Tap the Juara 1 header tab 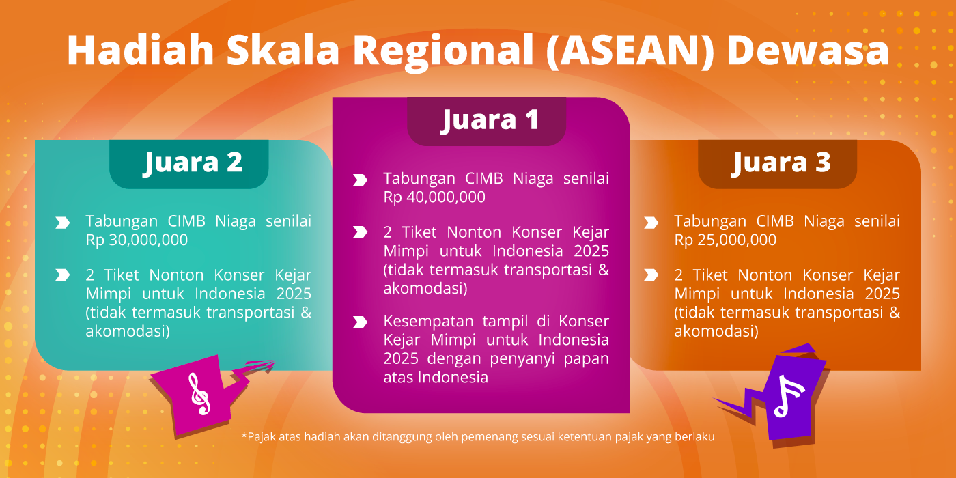click(486, 122)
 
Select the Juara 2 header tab click(189, 164)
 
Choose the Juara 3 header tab click(778, 164)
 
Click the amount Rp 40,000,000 click(434, 197)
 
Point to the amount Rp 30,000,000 click(137, 240)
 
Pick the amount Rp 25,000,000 click(725, 240)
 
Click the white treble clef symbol click(199, 394)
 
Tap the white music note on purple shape click(788, 395)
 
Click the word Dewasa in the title click(808, 50)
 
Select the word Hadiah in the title click(141, 50)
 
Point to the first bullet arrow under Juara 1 click(361, 180)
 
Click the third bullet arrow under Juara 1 click(361, 322)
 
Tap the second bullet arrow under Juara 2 click(63, 275)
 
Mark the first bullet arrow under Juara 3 click(651, 223)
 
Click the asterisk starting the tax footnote click(244, 436)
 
